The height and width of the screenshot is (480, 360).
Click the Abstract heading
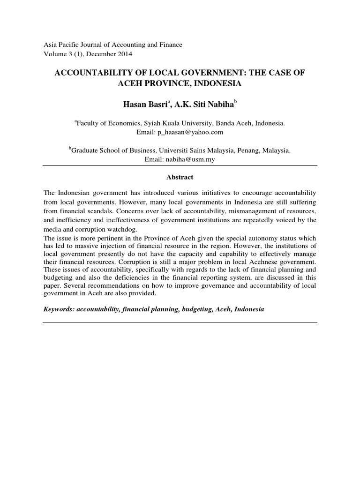point(180,178)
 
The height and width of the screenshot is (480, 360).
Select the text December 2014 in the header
point(110,54)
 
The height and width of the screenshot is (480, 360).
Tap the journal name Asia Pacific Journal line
point(112,45)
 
